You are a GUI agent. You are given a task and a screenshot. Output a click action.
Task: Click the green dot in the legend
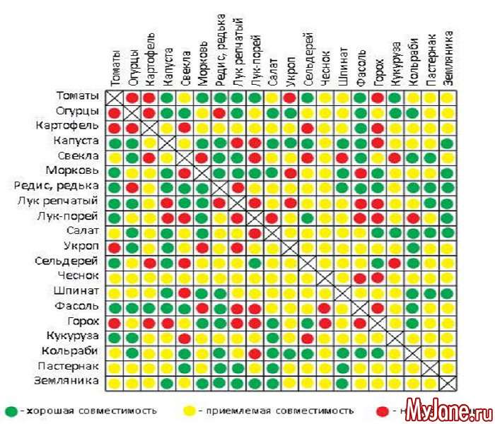10,411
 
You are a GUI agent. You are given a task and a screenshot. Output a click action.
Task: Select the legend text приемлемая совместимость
276,411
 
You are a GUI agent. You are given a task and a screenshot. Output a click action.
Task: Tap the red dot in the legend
382,411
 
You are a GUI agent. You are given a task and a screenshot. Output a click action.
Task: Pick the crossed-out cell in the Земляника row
447,382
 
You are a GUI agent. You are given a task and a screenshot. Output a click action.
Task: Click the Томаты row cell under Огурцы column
132,97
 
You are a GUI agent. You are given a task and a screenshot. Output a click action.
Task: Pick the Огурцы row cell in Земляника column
447,112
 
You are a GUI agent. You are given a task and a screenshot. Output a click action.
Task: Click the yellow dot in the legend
190,411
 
